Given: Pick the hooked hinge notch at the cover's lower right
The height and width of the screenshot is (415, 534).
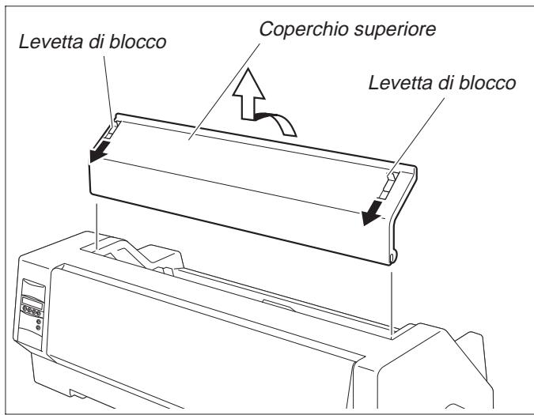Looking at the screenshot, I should point(394,254).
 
